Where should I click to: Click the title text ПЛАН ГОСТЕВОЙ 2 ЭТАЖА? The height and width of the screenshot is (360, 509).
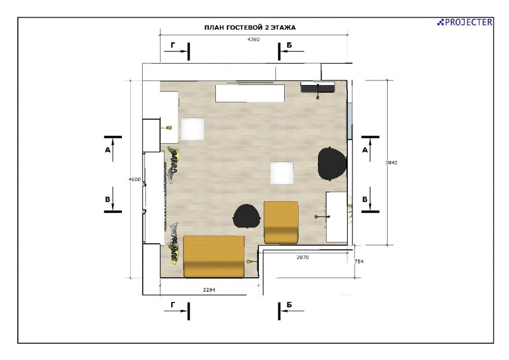click(250, 27)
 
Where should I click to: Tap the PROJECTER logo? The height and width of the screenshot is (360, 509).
click(464, 22)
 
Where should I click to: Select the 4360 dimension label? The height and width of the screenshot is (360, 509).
click(253, 39)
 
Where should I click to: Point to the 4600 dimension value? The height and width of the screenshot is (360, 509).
click(135, 179)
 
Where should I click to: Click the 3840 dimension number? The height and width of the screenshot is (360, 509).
click(391, 163)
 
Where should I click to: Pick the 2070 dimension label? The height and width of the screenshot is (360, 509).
click(303, 257)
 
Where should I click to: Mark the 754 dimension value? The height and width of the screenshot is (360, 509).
click(359, 262)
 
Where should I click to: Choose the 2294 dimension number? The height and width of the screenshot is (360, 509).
click(209, 290)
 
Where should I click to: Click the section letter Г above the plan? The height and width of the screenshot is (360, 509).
click(173, 45)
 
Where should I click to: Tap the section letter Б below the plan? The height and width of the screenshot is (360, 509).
click(289, 305)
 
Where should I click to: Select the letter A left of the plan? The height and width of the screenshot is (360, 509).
click(107, 150)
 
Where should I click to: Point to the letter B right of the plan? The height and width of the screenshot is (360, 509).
click(365, 200)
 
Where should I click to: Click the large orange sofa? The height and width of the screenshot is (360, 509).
click(214, 257)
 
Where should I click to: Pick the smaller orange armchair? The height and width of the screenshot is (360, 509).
click(281, 222)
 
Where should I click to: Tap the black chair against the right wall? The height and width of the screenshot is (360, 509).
click(332, 163)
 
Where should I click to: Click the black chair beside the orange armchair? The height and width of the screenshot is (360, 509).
click(247, 216)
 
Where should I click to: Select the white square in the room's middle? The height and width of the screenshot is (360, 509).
click(282, 173)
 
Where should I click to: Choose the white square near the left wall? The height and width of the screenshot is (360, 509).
click(192, 129)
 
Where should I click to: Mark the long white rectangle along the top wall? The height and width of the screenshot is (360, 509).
click(250, 93)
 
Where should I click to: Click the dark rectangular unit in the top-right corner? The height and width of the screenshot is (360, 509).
click(318, 87)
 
